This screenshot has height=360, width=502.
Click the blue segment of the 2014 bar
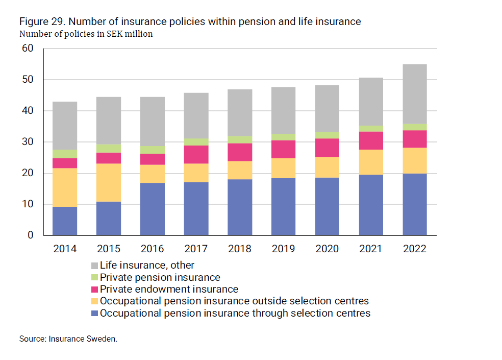click(x=64, y=221)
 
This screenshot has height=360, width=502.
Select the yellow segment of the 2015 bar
click(x=108, y=182)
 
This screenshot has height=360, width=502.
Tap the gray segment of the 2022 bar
click(x=414, y=94)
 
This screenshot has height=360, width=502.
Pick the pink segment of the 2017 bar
click(x=196, y=154)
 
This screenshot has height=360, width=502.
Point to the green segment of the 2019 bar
click(x=283, y=137)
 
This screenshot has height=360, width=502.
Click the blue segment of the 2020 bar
click(x=327, y=206)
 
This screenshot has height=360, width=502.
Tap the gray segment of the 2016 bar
click(x=152, y=122)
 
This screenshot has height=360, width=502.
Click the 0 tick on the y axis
click(x=31, y=235)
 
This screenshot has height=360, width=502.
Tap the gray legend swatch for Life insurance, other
click(x=94, y=266)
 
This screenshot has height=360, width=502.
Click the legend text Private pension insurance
click(x=160, y=277)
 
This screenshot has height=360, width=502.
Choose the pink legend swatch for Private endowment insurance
click(x=94, y=290)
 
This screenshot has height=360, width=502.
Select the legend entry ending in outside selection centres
click(x=234, y=301)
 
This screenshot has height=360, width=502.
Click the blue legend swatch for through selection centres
click(x=94, y=314)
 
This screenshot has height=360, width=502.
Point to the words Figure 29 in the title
click(x=41, y=21)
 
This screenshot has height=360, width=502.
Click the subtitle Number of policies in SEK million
click(x=86, y=34)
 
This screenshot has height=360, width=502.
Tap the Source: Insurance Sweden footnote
click(x=68, y=339)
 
